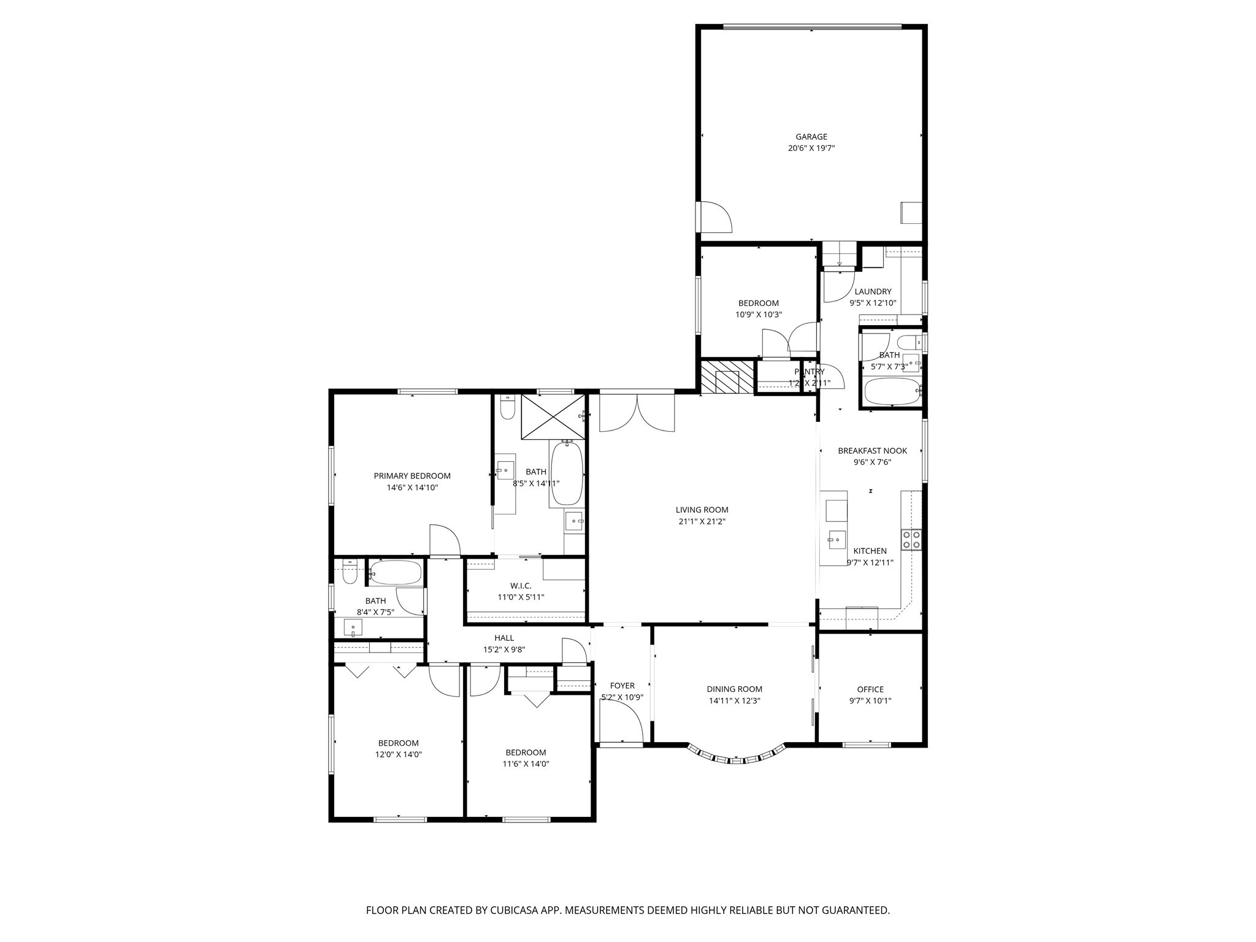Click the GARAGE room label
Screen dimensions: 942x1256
point(811,137)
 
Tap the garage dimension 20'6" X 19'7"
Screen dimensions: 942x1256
point(811,148)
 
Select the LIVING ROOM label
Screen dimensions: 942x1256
point(702,510)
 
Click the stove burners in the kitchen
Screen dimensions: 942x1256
point(911,539)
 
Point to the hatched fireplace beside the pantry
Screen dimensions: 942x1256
point(727,377)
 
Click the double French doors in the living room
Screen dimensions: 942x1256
point(637,413)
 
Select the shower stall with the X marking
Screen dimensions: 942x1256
point(553,417)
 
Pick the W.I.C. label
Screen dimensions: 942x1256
point(521,586)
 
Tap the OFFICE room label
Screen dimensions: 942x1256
point(870,689)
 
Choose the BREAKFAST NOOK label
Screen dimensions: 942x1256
point(872,451)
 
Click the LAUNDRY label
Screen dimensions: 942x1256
point(873,292)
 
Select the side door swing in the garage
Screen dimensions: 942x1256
point(715,217)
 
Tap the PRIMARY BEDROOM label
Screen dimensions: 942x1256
point(412,476)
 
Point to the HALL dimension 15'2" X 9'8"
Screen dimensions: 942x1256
point(504,650)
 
